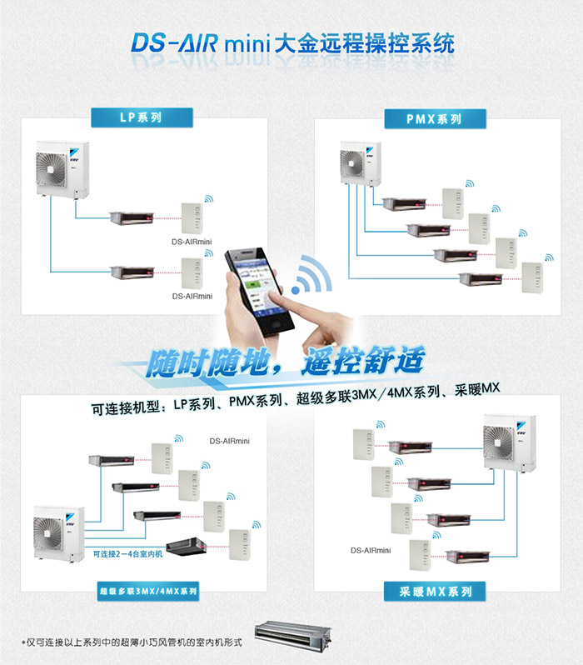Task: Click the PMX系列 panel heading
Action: click(434, 119)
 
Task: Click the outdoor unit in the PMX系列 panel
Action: click(361, 162)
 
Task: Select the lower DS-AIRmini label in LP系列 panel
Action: click(192, 296)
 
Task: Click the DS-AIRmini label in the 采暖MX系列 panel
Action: click(371, 550)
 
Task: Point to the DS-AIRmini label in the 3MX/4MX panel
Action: click(230, 441)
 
